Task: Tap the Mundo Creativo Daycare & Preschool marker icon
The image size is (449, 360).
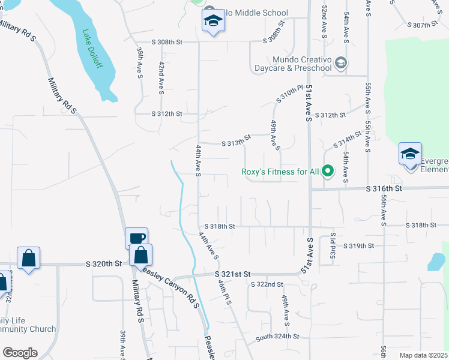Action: [340, 62]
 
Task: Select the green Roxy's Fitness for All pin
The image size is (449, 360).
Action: [328, 172]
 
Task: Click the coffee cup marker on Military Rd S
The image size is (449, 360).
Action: [136, 238]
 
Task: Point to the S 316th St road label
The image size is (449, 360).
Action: [384, 188]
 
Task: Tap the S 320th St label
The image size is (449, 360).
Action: [103, 263]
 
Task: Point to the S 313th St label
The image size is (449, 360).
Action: [235, 143]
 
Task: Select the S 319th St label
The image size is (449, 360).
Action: [358, 246]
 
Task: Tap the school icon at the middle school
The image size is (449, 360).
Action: [211, 22]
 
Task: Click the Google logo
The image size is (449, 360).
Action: [20, 353]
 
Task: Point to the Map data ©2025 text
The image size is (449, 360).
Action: [423, 355]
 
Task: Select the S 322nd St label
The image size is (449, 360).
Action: [267, 284]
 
